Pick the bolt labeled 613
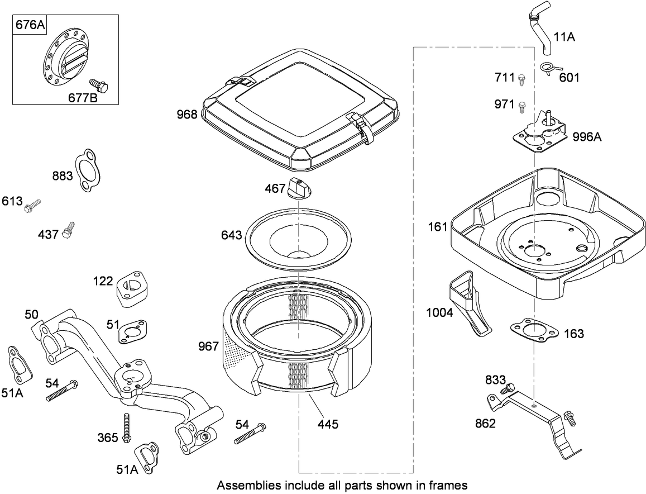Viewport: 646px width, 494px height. (33, 206)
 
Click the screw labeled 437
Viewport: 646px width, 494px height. (69, 229)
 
